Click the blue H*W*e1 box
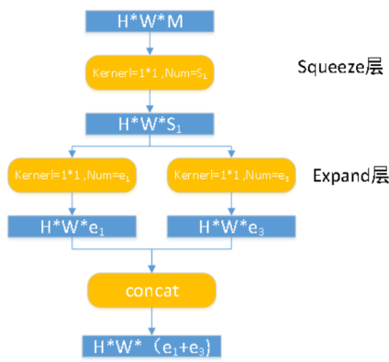click(72, 225)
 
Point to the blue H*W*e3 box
click(229, 225)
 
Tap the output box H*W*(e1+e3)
click(151, 346)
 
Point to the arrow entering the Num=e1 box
click(72, 149)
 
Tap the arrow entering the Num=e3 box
click(229, 149)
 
